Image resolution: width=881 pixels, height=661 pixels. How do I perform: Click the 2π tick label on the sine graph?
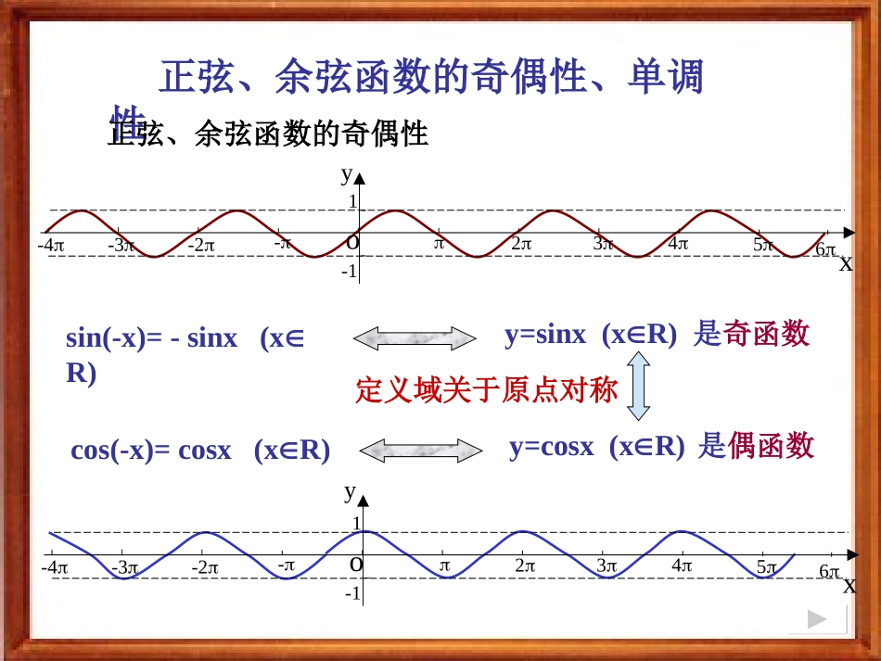coord(521,244)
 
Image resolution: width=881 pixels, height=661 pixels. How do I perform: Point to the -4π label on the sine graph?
coord(51,246)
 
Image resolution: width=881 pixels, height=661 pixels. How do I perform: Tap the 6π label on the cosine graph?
coord(829,572)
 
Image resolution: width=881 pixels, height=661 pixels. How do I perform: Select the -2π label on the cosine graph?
coord(204,567)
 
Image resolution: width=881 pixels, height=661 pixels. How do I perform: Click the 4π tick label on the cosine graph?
coord(682,566)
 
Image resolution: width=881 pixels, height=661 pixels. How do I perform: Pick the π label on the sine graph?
coord(440,243)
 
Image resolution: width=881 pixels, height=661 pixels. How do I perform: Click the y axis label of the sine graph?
coord(346,173)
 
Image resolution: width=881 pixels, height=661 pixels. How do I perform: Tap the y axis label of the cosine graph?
coord(350,491)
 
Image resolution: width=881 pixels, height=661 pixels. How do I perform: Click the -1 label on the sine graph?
coord(349,272)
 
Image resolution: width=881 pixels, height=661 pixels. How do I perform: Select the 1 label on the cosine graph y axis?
coord(355,524)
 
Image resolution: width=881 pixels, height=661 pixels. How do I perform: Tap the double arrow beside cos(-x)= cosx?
coord(421,451)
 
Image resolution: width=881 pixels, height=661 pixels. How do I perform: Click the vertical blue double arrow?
coord(638,389)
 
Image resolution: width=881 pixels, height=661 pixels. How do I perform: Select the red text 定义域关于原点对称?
coord(486,389)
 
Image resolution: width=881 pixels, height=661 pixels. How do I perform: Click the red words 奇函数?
coord(765,334)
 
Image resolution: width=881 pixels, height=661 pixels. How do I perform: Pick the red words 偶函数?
coord(771,447)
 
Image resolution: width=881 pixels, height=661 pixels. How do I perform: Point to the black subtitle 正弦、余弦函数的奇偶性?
coord(269,135)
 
